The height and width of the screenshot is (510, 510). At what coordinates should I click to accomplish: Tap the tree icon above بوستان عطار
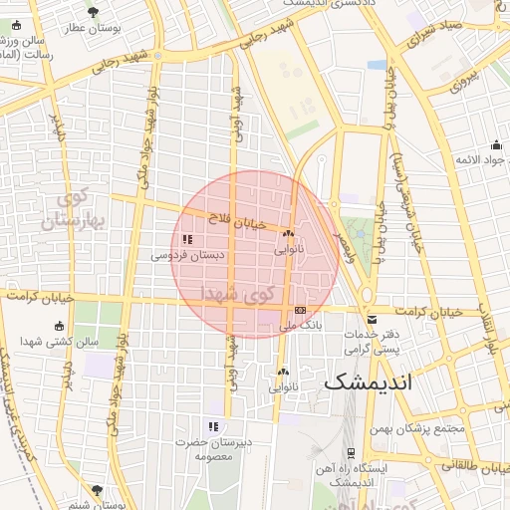(93, 12)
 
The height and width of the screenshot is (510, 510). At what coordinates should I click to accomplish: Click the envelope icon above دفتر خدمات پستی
(372, 320)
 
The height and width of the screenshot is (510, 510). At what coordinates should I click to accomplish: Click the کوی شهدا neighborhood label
(235, 294)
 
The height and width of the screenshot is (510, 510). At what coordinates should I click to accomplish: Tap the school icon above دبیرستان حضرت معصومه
(212, 426)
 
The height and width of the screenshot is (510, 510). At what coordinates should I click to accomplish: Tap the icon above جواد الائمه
(500, 144)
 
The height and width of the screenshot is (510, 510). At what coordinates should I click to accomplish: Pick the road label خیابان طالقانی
(472, 464)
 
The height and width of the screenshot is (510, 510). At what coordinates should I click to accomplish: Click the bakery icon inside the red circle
(288, 232)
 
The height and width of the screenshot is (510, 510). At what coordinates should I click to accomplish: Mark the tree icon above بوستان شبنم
(96, 490)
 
